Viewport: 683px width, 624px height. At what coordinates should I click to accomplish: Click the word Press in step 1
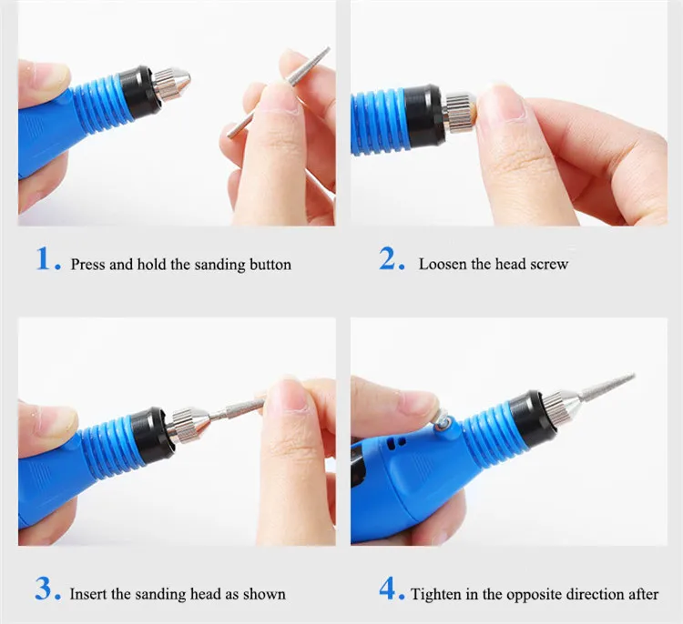tap(87, 265)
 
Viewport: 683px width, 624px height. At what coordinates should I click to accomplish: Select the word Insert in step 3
tap(89, 594)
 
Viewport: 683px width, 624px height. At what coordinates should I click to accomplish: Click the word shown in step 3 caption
tap(265, 594)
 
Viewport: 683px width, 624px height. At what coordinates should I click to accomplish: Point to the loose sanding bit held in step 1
tap(277, 91)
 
